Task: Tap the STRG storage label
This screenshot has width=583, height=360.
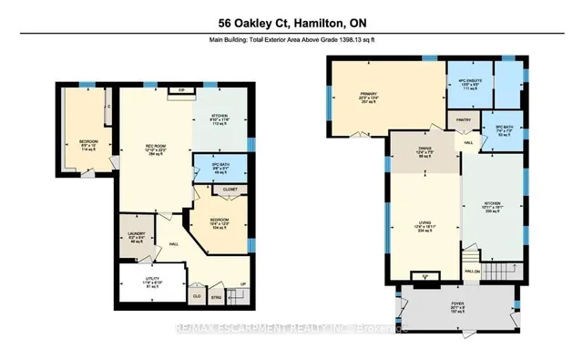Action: pos(214,295)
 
